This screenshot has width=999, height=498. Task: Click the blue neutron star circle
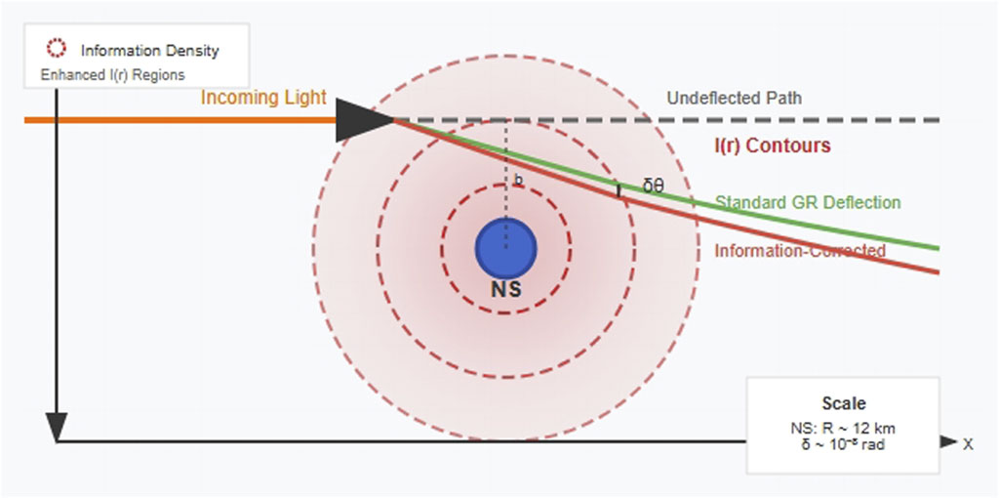505,249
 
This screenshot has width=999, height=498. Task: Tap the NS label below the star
505,290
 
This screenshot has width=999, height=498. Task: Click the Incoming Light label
263,98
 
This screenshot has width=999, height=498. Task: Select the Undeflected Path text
735,98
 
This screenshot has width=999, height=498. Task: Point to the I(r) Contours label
772,145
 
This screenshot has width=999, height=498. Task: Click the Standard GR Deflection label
808,202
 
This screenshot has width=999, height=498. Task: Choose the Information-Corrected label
800,251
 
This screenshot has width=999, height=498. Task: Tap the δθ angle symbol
654,185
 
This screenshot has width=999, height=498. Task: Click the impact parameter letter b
518,180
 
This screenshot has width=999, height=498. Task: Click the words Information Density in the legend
149,50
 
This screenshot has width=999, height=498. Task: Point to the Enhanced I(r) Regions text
112,74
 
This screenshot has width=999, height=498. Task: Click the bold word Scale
844,403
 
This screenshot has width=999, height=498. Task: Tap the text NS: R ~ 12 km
845,428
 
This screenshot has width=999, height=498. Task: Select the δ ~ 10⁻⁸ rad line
845,444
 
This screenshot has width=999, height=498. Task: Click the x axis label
968,443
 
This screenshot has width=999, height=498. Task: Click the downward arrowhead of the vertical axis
57,428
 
